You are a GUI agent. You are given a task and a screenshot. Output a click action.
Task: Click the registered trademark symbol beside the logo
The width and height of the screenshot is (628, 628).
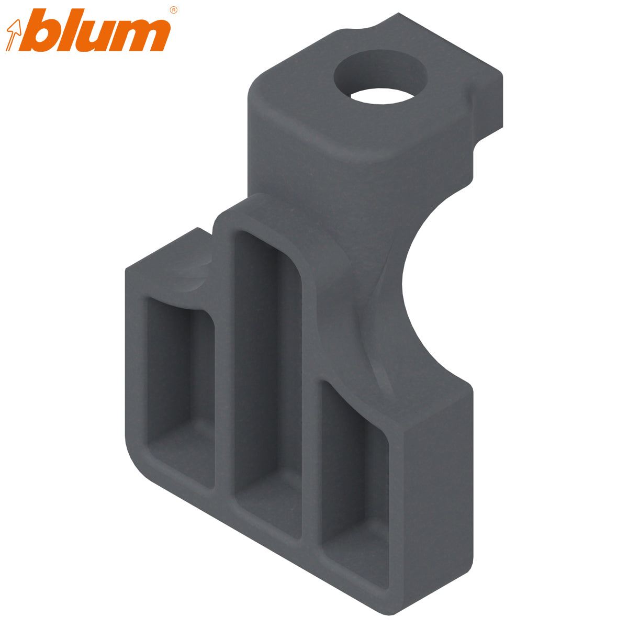click(x=174, y=10)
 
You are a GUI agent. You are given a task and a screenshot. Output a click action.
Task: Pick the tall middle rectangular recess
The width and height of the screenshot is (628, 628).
click(x=268, y=377)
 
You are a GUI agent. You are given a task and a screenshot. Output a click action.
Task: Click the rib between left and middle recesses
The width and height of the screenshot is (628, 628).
click(x=223, y=377)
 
